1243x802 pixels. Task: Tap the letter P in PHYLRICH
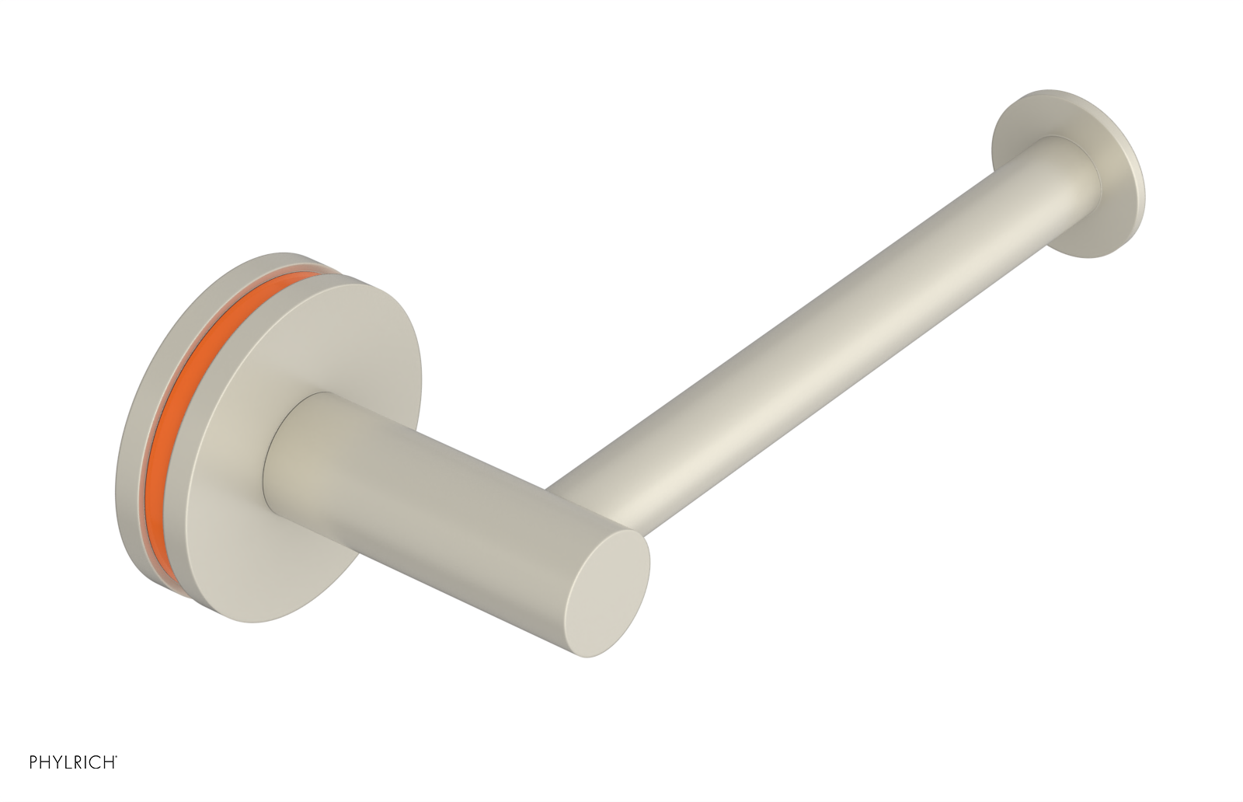33,784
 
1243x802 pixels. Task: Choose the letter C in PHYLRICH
96,784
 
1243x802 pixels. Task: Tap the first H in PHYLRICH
45,784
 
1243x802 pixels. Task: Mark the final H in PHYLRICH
108,784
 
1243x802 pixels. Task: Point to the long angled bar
816,342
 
